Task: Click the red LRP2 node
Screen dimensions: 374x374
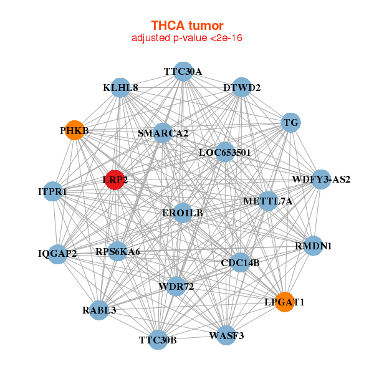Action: pos(115,180)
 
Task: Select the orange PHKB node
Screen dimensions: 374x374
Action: pos(75,130)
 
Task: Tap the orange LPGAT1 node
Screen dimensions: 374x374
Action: pos(284,302)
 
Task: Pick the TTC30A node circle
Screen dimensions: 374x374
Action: pos(183,71)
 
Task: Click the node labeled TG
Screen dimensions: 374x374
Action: pos(290,123)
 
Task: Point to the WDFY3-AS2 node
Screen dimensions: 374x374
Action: pos(321,180)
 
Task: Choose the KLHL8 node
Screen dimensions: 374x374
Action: pos(121,88)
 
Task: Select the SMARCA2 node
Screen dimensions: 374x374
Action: pos(163,133)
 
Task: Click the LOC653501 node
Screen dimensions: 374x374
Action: pos(225,152)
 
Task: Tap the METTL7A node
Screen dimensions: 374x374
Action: pos(267,201)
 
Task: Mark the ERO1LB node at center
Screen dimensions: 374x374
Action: pos(183,213)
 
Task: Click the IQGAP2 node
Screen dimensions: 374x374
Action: pos(57,253)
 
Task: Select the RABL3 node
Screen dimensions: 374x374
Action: pos(99,310)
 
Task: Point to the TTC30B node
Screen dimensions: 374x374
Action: pos(158,340)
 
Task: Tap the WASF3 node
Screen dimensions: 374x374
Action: pos(226,336)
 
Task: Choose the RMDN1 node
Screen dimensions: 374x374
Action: pos(313,246)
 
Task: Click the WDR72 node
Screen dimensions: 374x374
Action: pos(176,286)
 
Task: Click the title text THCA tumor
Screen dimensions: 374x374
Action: pos(187,26)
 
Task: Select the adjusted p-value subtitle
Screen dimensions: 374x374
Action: pos(187,38)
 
